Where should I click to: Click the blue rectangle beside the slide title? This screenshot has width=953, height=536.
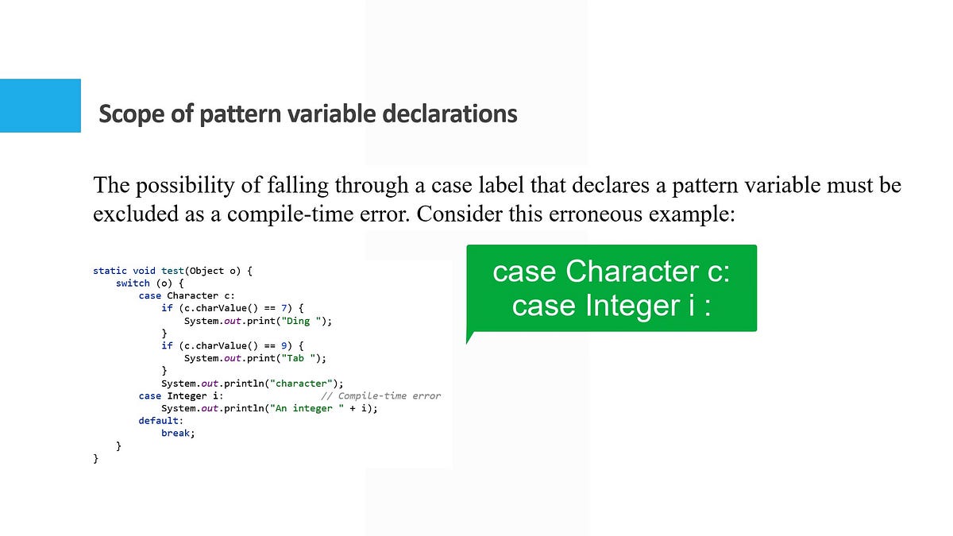point(40,106)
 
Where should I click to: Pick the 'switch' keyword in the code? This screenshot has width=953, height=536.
point(133,283)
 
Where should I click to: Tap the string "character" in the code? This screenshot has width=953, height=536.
point(302,384)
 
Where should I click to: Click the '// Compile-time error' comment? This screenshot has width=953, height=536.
point(380,395)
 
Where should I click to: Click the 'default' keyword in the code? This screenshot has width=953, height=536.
point(160,421)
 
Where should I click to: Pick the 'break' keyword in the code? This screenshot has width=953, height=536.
point(177,434)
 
